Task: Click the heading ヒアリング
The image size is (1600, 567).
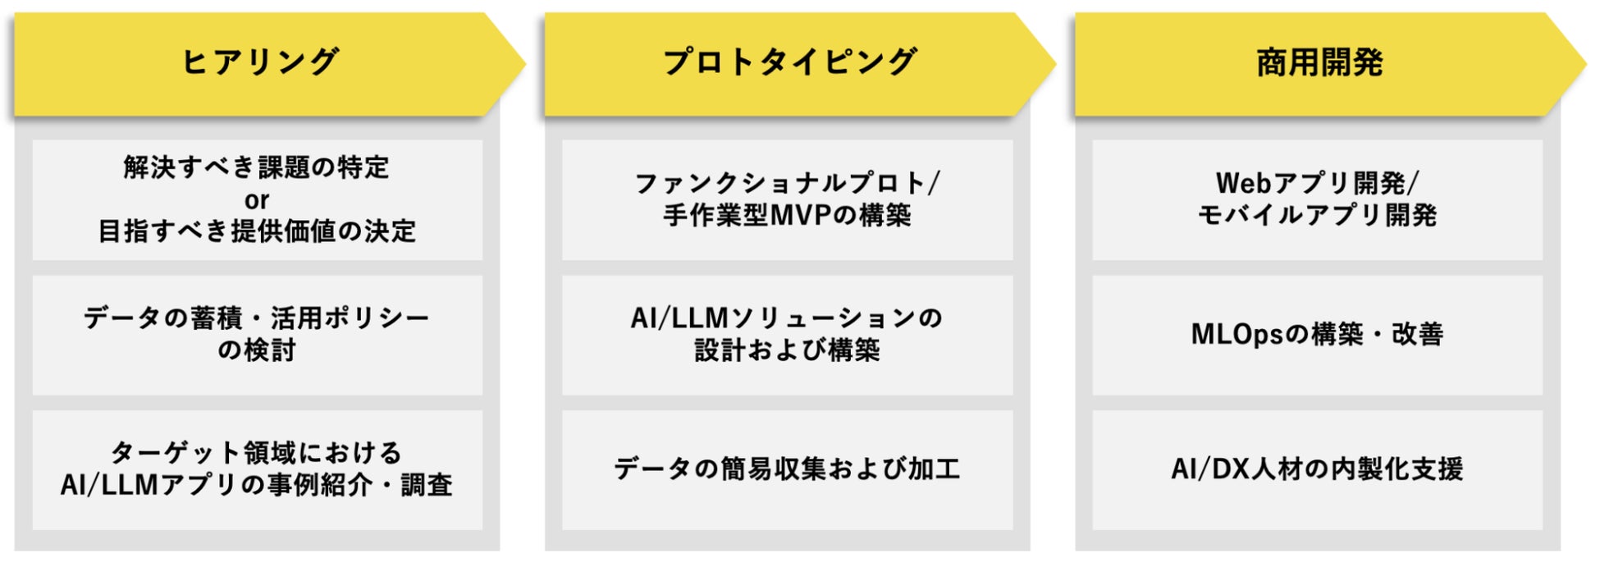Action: (259, 62)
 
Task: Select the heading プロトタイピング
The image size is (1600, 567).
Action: (789, 62)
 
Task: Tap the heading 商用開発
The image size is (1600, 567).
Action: (1319, 62)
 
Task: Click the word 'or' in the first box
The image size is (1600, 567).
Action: (257, 200)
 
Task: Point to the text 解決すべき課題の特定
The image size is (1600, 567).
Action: (257, 167)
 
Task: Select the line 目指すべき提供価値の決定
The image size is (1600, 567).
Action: (257, 231)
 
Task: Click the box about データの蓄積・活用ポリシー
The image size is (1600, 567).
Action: (257, 335)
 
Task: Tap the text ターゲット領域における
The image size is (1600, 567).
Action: (257, 452)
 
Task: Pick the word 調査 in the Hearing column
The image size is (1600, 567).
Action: (427, 485)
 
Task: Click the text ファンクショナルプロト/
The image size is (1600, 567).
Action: (788, 183)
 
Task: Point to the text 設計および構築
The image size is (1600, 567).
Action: (788, 350)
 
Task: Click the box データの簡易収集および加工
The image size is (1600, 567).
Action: (788, 469)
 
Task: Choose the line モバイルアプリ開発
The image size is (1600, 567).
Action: (1318, 216)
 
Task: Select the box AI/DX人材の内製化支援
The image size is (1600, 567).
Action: (1318, 469)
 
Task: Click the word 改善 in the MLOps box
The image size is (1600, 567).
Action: (1418, 335)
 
